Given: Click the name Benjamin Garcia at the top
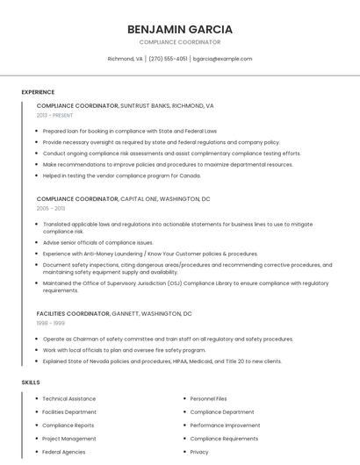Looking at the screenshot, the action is coord(179,29).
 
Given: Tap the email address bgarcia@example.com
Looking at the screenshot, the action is coord(222,59).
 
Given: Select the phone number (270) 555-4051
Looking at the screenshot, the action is coord(168,59).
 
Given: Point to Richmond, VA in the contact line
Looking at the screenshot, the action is coord(125,59).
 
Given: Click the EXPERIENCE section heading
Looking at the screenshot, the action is coord(38,92).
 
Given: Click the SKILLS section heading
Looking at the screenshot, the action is coord(31,383).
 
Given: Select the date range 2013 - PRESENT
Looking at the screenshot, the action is coord(54,115).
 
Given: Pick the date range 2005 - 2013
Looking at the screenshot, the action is coord(51,209).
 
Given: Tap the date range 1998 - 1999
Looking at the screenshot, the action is coord(51,323).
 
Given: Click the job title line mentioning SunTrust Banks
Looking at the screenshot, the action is coord(125,105).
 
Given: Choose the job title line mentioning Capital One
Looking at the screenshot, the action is coord(123,199).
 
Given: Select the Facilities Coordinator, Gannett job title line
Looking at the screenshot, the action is coord(114,313).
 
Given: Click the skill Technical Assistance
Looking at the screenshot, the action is coord(69,398).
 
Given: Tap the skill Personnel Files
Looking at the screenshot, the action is coord(208,398).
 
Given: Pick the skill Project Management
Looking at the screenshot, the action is coord(69,438).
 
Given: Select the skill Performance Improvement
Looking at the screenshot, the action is coord(225,425).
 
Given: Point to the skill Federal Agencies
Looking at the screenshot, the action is coord(64,452).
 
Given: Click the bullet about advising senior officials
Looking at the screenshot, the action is coord(97,242).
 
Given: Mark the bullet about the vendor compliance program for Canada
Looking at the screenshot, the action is coord(121,175).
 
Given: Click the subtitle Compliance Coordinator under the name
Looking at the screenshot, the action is coord(179,42).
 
